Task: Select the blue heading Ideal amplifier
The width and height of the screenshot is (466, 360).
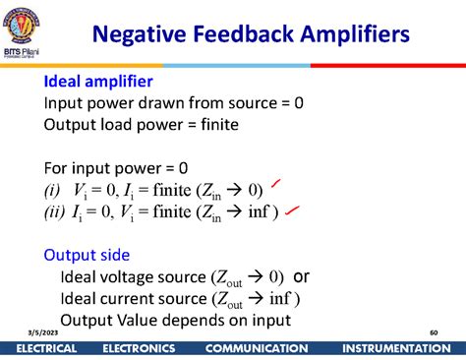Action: (97, 81)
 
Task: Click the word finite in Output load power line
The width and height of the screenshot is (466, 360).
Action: (213, 124)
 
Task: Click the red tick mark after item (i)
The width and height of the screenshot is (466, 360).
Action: (280, 183)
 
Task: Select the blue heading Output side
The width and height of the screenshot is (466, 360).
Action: (87, 255)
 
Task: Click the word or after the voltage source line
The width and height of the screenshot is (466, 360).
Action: (302, 275)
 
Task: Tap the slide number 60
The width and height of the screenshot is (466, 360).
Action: (433, 333)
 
